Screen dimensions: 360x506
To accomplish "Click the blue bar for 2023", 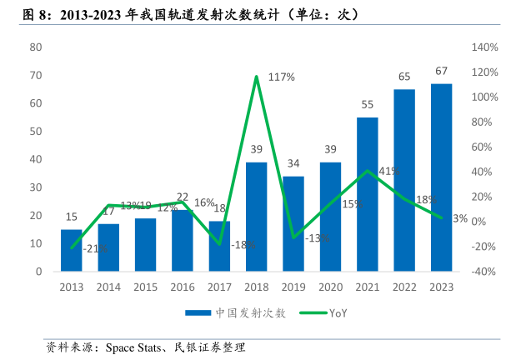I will click(x=441, y=177).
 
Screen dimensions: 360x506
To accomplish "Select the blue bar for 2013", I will click(x=72, y=250).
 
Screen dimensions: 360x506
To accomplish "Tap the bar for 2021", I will click(x=367, y=194).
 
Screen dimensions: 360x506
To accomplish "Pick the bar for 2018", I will click(x=256, y=217).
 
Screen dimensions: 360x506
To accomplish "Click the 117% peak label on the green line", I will click(x=282, y=77).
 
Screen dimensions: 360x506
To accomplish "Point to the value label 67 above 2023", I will click(x=441, y=71).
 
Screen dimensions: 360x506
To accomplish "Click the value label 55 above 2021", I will click(x=367, y=104).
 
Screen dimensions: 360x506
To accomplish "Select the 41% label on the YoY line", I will click(x=388, y=171).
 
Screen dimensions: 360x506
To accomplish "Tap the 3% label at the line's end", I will click(x=459, y=218).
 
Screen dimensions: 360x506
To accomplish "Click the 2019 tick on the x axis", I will click(x=293, y=287).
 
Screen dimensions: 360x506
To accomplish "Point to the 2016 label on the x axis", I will click(x=182, y=287).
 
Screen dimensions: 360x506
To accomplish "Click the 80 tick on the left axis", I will click(x=36, y=47).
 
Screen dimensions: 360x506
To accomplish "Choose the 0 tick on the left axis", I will click(x=38, y=272).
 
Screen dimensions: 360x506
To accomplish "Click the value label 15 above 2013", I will click(x=72, y=217).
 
